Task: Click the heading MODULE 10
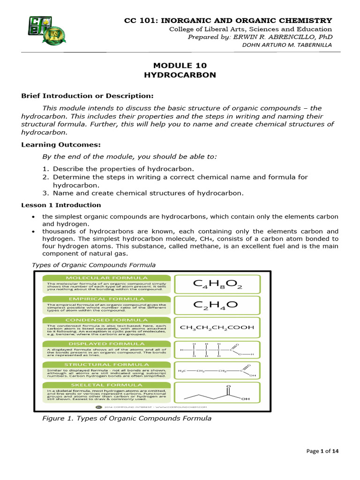pyautogui.click(x=180, y=66)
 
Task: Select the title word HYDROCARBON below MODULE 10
pyautogui.click(x=180, y=75)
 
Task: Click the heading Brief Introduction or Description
pyautogui.click(x=87, y=96)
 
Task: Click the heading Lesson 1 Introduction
pyautogui.click(x=61, y=205)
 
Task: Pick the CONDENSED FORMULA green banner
pyautogui.click(x=106, y=321)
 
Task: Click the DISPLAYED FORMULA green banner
pyautogui.click(x=106, y=343)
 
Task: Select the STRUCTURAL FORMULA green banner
pyautogui.click(x=106, y=364)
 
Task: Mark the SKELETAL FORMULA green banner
pyautogui.click(x=106, y=386)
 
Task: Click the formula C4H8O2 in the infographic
pyautogui.click(x=217, y=284)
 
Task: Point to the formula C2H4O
pyautogui.click(x=217, y=306)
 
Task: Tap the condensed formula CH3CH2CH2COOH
pyautogui.click(x=217, y=328)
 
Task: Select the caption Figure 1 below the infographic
pyautogui.click(x=127, y=418)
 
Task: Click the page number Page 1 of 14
pyautogui.click(x=322, y=451)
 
